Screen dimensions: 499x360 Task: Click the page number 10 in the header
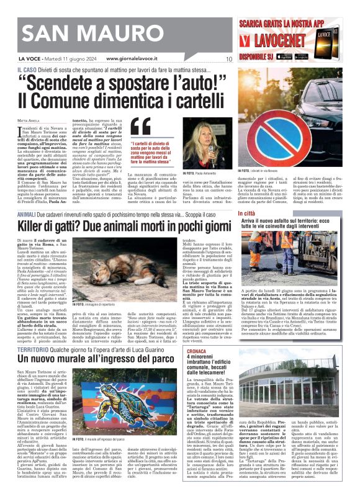228,60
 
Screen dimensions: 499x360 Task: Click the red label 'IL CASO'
25,71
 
